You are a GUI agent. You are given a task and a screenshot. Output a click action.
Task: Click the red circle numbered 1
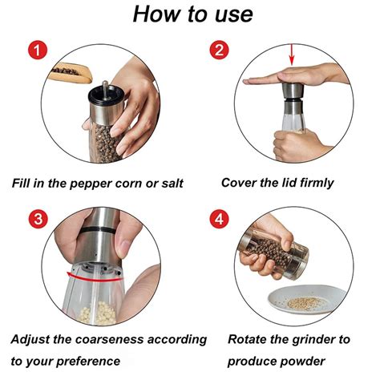point(38,50)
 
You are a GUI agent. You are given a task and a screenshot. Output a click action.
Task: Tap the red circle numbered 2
point(219,50)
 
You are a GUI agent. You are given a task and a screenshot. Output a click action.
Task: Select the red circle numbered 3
point(38,219)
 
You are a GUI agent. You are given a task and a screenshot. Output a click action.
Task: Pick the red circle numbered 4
point(219,219)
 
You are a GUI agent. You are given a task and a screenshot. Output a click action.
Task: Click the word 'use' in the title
point(233,14)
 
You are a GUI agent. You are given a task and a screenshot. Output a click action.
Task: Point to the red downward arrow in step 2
point(292,55)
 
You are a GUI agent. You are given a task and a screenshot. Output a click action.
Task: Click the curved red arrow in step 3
point(94,277)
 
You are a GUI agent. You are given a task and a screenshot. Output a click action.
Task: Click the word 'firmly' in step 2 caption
point(317,184)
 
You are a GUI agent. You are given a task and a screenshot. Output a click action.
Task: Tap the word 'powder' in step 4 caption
point(303,362)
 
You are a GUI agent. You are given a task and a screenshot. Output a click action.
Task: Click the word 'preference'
point(88,362)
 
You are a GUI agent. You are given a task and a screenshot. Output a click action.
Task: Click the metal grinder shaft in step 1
point(105,90)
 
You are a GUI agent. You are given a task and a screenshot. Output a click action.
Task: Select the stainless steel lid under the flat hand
point(293,91)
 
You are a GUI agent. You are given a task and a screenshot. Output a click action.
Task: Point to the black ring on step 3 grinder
point(99,230)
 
